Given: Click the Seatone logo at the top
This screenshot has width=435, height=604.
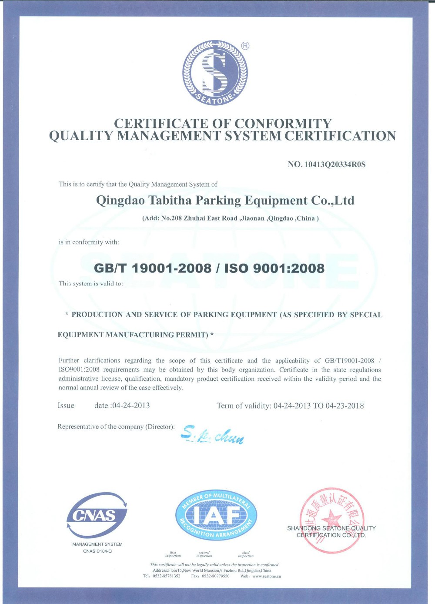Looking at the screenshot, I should [215, 73].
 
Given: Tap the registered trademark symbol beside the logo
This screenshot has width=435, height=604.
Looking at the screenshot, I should [245, 46].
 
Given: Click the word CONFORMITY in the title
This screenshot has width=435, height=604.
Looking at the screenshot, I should [283, 124].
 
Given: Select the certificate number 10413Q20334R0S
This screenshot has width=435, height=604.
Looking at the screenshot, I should [335, 164].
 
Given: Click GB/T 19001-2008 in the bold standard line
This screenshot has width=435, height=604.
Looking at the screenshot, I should [153, 268].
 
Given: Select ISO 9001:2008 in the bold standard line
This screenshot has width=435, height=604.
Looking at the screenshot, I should [274, 268].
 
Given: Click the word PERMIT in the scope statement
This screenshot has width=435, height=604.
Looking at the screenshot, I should [192, 335].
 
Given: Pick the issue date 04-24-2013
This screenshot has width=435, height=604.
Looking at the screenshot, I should [130, 406].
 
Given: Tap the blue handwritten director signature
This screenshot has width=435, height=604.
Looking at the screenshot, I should [212, 434].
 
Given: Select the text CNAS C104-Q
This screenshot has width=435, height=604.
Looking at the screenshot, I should [97, 551].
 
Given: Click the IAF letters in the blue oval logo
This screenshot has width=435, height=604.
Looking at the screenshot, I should [216, 516].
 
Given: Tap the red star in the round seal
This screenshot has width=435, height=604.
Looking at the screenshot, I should [333, 518].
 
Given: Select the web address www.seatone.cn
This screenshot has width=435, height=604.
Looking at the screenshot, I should [266, 576].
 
